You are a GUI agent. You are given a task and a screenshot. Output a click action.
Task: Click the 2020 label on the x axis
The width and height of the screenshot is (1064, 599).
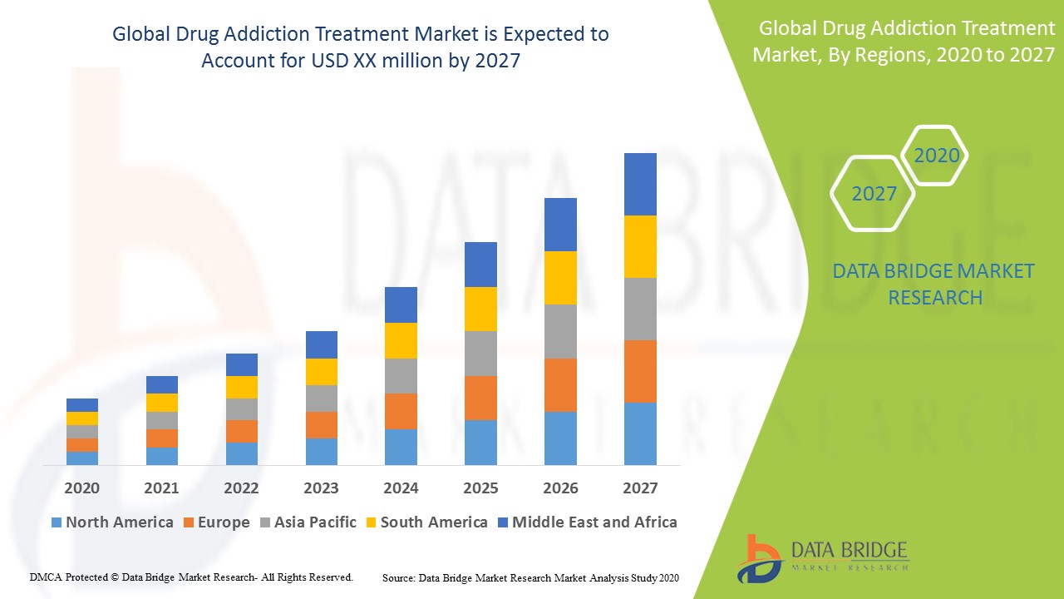coord(81,488)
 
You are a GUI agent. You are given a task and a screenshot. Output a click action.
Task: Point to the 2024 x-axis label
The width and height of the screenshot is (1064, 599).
coord(401,488)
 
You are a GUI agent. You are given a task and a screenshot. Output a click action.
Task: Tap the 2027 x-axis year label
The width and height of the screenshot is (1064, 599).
coord(640,488)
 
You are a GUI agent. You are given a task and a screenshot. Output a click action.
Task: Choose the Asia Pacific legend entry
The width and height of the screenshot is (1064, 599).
coord(308,522)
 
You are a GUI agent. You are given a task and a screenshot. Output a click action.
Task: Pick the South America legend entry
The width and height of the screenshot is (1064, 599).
coord(426,522)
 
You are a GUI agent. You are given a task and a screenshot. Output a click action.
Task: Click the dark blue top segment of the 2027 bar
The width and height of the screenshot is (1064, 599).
coord(640,184)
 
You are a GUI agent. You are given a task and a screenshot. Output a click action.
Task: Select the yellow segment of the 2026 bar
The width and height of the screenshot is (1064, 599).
coord(560,277)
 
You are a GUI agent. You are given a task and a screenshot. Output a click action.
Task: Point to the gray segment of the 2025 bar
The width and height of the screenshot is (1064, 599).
coord(480,354)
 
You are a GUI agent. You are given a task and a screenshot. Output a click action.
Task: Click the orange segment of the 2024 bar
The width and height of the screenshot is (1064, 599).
coord(401,411)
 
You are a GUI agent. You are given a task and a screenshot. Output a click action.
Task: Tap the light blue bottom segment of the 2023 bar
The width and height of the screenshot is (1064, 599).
coord(321,451)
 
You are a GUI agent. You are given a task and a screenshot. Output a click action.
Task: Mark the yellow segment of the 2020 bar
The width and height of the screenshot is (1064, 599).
coord(82,418)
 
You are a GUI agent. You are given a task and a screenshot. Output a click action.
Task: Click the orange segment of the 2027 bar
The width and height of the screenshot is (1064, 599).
coord(640,371)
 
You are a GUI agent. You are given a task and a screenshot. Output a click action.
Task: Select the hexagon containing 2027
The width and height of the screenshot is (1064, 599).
coord(873,194)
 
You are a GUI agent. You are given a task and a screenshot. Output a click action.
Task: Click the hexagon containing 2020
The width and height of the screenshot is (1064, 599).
coord(936,156)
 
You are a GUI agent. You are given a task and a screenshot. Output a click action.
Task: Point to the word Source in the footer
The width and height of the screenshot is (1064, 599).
coord(399,577)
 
